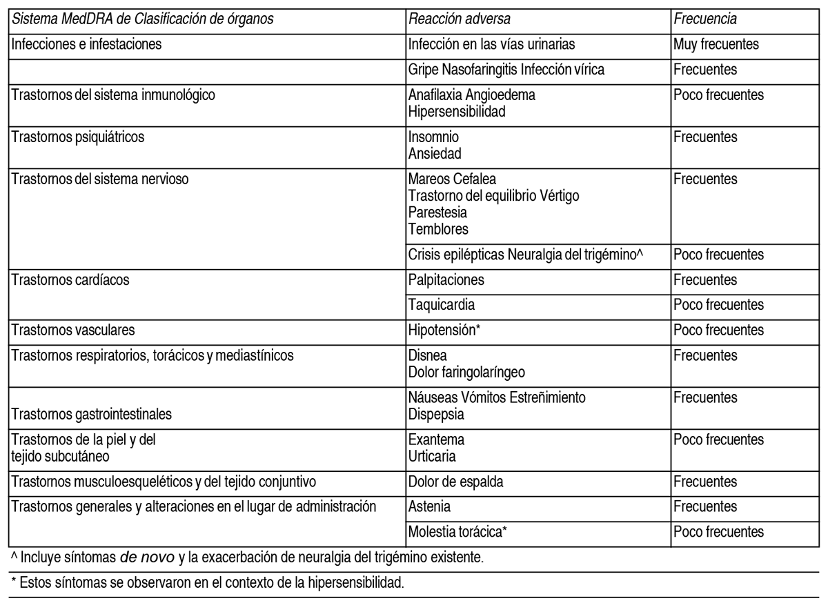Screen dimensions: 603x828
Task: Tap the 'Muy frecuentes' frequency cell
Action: pyautogui.click(x=716, y=45)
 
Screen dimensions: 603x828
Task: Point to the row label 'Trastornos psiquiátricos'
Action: pyautogui.click(x=76, y=137)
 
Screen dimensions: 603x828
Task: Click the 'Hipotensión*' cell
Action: pyautogui.click(x=444, y=329)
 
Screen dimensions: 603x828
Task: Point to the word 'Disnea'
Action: pyautogui.click(x=428, y=356)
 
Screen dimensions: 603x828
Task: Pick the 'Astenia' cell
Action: pyautogui.click(x=429, y=507)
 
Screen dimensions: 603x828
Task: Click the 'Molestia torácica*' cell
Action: pyautogui.click(x=459, y=532)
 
